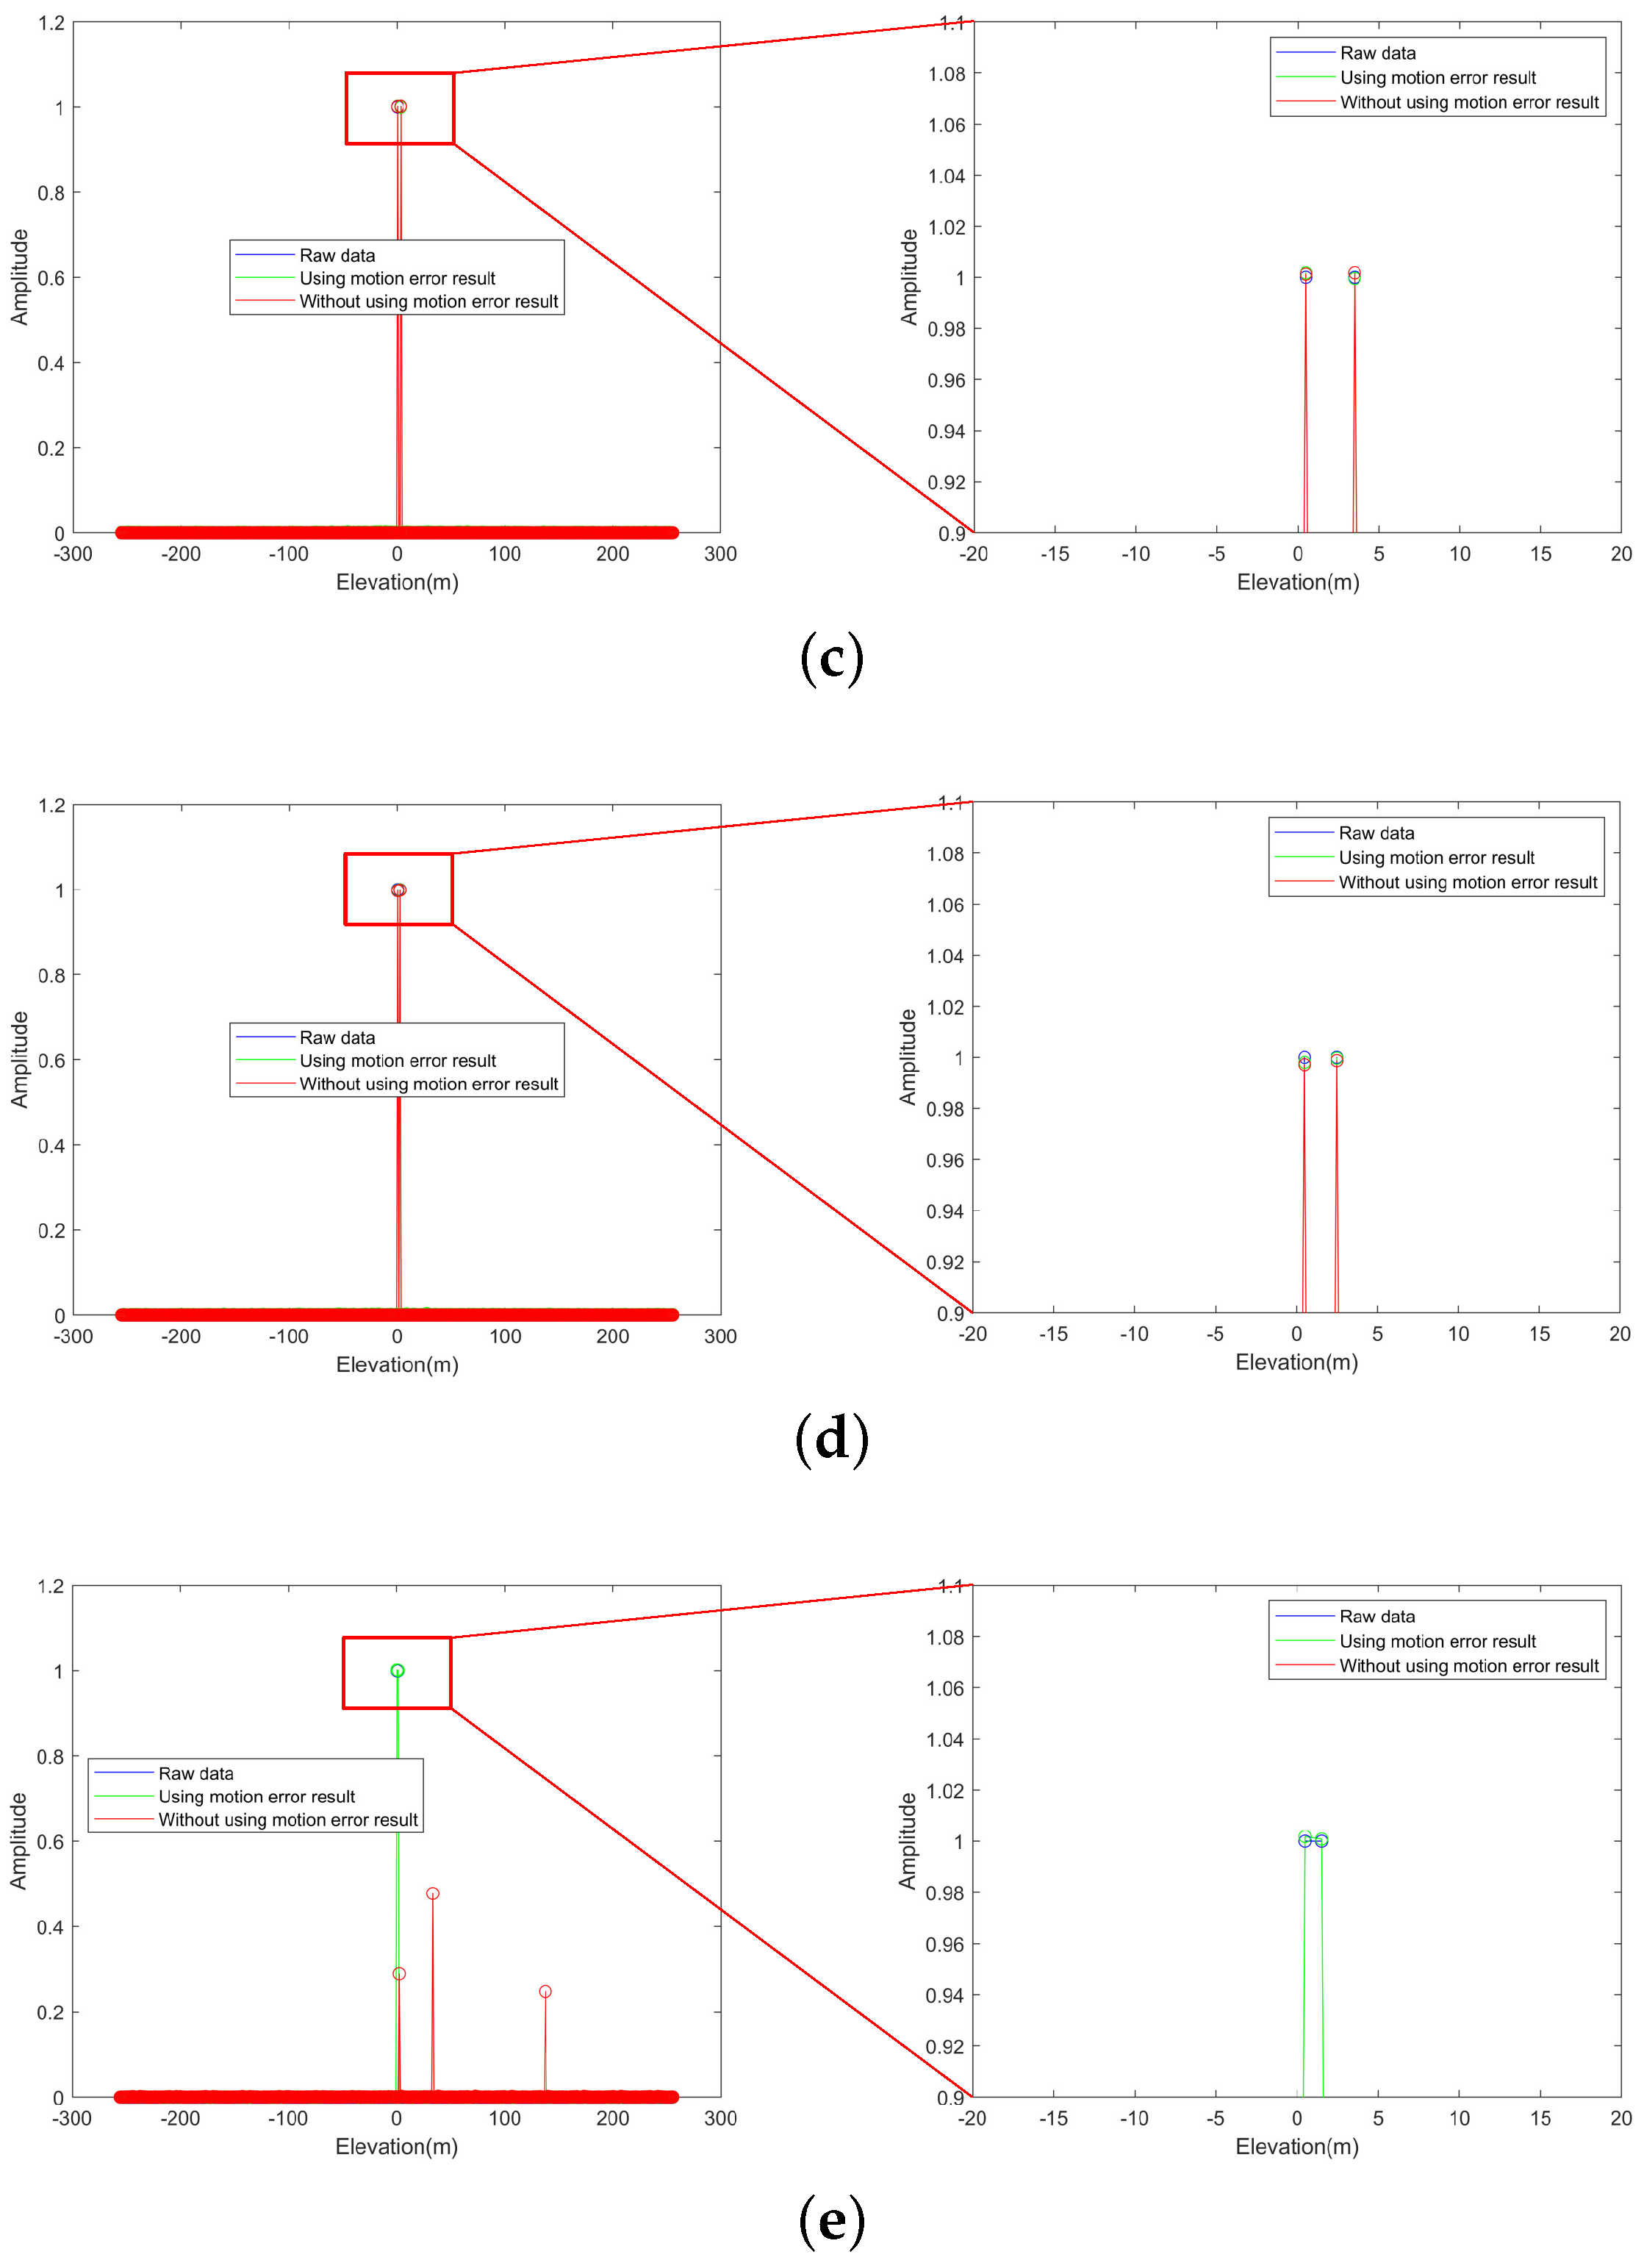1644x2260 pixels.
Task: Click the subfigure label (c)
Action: click(x=831, y=659)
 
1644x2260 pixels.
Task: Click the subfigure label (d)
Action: click(x=831, y=1440)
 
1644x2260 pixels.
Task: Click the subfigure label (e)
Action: click(x=831, y=2220)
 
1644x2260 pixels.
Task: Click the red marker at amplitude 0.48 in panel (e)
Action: click(x=432, y=1893)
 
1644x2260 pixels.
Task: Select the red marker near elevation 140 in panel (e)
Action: click(x=545, y=1991)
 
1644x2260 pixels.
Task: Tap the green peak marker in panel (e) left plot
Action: click(x=398, y=1670)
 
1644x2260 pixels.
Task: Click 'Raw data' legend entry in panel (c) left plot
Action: click(x=337, y=256)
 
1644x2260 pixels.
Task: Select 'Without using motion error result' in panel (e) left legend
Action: click(x=288, y=1820)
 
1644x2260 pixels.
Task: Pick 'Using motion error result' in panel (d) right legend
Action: click(x=1436, y=858)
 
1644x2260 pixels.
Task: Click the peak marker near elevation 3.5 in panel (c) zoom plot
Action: click(x=1354, y=275)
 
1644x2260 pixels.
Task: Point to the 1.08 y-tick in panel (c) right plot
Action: click(x=946, y=74)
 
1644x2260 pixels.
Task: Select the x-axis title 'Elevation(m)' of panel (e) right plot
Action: click(x=1296, y=2146)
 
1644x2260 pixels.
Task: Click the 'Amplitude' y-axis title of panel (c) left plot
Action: click(x=19, y=277)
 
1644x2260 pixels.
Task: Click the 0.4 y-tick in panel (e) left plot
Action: click(x=50, y=1927)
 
